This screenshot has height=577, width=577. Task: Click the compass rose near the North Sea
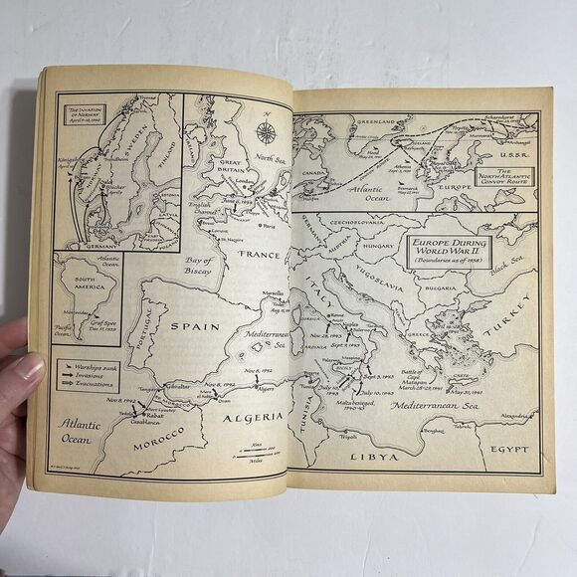pos(266,132)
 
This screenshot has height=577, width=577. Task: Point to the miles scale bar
pos(258,453)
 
